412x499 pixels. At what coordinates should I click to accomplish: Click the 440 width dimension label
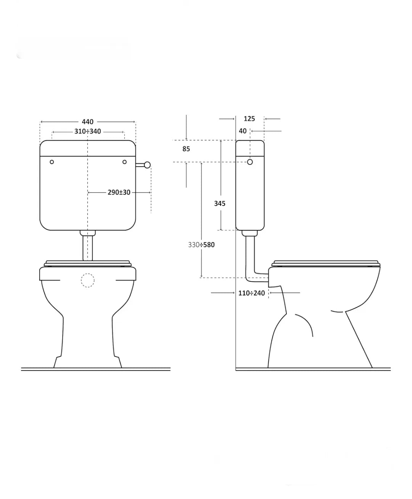pyautogui.click(x=87, y=122)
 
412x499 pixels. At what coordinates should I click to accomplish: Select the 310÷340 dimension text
pyautogui.click(x=87, y=132)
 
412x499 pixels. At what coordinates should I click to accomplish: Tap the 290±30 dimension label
pyautogui.click(x=119, y=192)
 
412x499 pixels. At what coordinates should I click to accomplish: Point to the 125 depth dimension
pyautogui.click(x=249, y=119)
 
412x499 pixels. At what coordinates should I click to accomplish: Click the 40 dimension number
pyautogui.click(x=243, y=131)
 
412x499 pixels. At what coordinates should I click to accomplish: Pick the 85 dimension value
pyautogui.click(x=186, y=149)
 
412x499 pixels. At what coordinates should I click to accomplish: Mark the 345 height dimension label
pyautogui.click(x=220, y=203)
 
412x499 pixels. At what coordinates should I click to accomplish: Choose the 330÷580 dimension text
pyautogui.click(x=201, y=245)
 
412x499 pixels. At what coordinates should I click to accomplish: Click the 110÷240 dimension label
pyautogui.click(x=251, y=293)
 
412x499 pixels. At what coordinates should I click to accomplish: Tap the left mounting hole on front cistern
pyautogui.click(x=51, y=162)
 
